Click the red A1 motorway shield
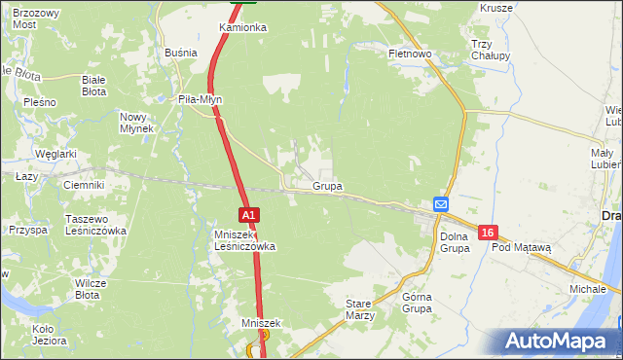[248, 214]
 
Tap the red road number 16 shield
[489, 232]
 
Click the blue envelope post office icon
[441, 204]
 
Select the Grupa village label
[327, 185]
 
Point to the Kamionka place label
[242, 27]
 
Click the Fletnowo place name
[410, 54]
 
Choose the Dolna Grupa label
[455, 242]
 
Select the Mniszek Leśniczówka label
[244, 240]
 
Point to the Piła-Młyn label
[202, 98]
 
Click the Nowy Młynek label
[137, 123]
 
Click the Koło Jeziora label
[50, 335]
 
